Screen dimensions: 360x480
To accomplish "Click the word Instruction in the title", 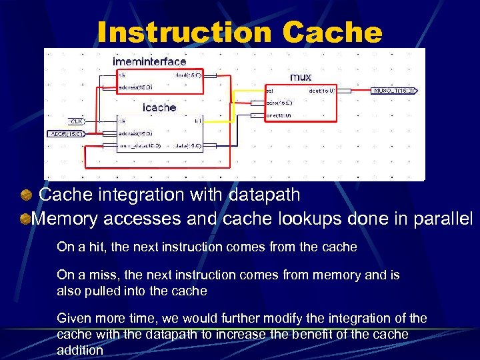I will (183, 31).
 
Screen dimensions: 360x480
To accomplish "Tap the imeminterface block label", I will (149, 62).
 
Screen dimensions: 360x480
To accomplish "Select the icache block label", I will (159, 107).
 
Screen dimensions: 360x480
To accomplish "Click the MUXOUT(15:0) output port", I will (395, 91).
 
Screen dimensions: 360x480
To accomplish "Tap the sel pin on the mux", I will (269, 91).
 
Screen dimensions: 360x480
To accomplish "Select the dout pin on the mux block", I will (320, 91).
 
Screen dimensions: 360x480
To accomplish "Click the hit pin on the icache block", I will (197, 121).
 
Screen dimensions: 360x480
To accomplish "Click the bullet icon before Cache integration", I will (27, 195).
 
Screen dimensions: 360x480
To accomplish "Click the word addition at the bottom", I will (80, 349).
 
